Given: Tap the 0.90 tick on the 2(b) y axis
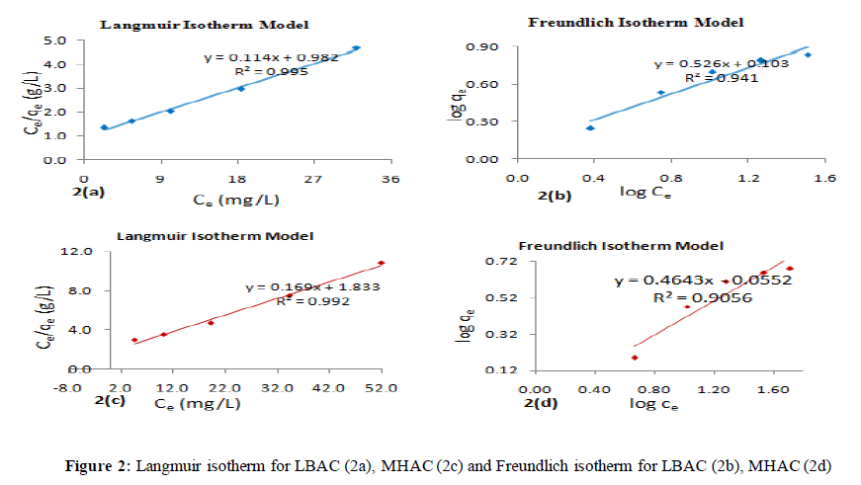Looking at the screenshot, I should point(489,46).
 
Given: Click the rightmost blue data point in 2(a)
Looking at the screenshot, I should point(356,47).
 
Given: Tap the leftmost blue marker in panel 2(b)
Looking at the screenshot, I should point(590,127).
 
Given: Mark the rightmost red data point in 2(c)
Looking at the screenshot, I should point(381,263).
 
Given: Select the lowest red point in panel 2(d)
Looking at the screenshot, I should point(635,358).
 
